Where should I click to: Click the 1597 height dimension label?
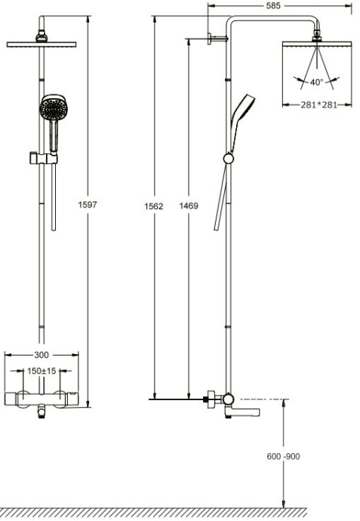[x=89, y=205]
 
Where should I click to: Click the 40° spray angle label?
[x=316, y=82]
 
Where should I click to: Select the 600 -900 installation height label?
[x=285, y=456]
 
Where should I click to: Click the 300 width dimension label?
[x=42, y=354]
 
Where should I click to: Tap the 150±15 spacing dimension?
[x=42, y=371]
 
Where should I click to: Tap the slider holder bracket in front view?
[x=43, y=158]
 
